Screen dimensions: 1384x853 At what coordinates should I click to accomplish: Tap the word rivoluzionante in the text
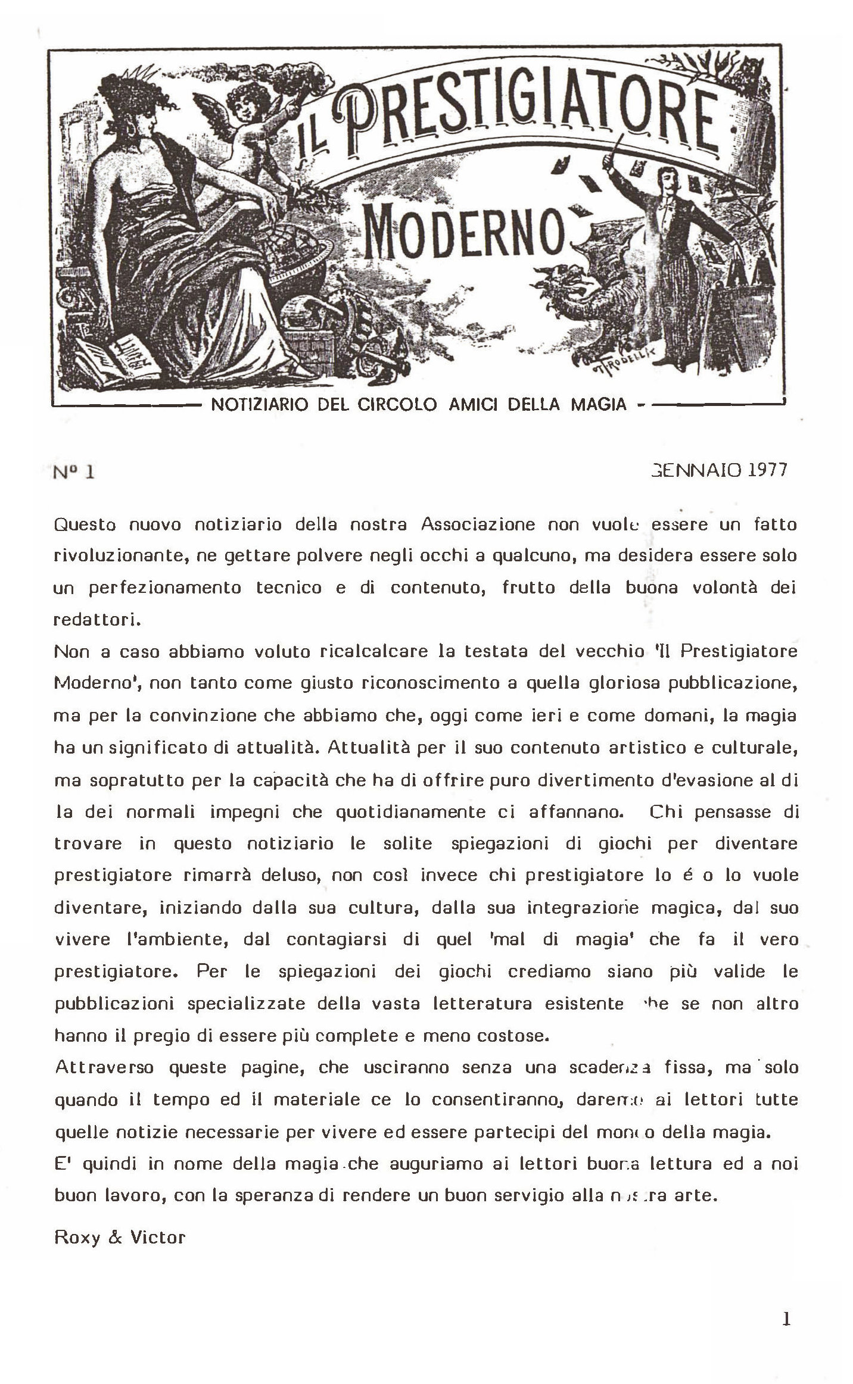pos(121,556)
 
